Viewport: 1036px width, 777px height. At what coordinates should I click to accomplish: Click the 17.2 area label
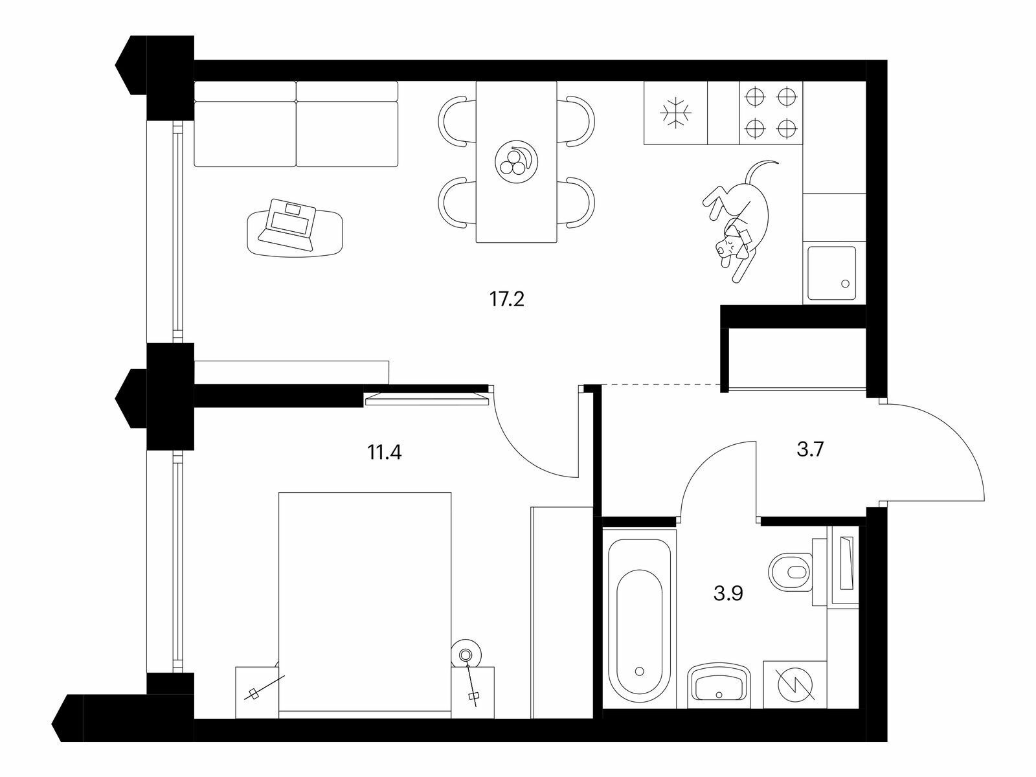pos(507,299)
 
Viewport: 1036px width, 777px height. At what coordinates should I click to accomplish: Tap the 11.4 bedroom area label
pos(385,453)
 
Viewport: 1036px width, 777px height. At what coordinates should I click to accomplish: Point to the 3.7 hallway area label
pos(810,449)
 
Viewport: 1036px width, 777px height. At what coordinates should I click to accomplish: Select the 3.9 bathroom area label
pos(728,593)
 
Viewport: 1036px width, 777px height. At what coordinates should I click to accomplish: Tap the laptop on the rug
pos(287,223)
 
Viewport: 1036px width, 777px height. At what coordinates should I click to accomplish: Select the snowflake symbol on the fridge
pos(676,113)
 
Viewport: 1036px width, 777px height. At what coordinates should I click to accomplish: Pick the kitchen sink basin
pos(831,273)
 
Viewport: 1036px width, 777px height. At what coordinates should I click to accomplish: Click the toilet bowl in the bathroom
pos(791,573)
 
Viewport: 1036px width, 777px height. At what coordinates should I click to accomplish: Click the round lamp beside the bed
pos(466,655)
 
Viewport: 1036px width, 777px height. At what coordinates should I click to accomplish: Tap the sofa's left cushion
pos(245,124)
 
